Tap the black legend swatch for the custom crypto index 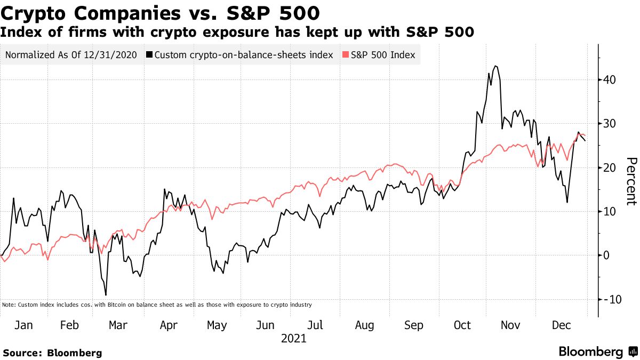[x=150, y=55]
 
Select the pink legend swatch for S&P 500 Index [x=345, y=55]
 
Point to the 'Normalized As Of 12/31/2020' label [x=71, y=55]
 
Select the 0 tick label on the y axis [x=606, y=255]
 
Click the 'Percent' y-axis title [x=631, y=181]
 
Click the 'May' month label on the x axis [x=216, y=325]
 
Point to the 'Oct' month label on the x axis [x=462, y=325]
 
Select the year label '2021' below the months [x=294, y=338]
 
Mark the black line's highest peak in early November [x=496, y=66]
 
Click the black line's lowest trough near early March [x=106, y=295]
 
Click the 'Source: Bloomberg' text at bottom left [x=52, y=353]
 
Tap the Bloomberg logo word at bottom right [x=591, y=352]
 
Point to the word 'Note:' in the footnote [x=9, y=305]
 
